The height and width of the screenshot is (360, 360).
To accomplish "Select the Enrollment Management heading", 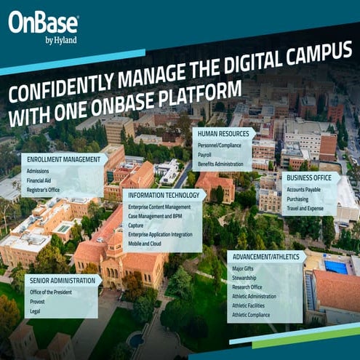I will (x=61, y=159).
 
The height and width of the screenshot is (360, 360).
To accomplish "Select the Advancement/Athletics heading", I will (x=265, y=257).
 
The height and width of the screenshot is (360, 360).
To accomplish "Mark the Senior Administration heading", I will (x=63, y=280).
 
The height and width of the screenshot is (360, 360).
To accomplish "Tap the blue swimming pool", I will (x=337, y=268).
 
